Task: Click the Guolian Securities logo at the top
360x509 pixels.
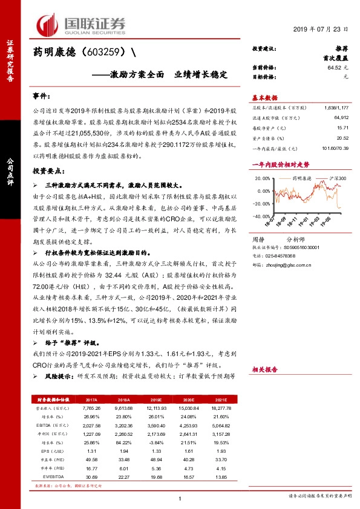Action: [x=81, y=25]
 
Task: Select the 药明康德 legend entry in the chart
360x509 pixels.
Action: [x=301, y=179]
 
